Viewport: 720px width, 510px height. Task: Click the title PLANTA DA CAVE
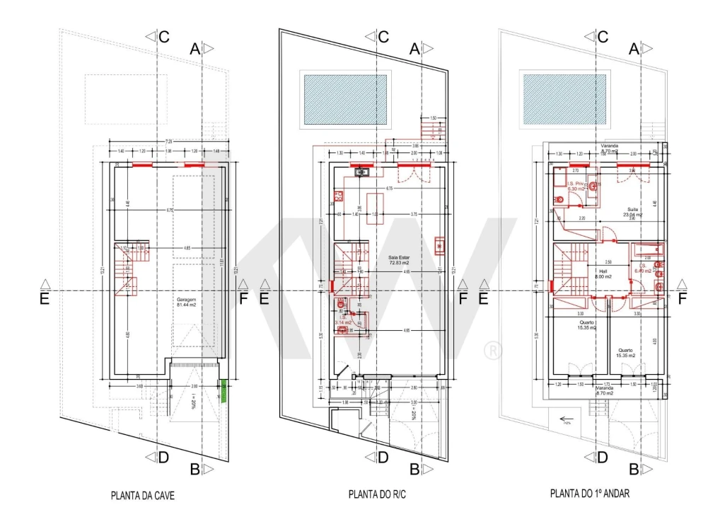[142, 495]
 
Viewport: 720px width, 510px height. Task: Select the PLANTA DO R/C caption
[378, 494]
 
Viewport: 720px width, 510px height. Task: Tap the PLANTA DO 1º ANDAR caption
[590, 492]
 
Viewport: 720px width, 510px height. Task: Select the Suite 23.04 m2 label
[632, 212]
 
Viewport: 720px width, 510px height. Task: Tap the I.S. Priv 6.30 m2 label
[576, 186]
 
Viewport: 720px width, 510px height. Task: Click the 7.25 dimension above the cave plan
[169, 142]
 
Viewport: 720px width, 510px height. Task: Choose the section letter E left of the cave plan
[44, 299]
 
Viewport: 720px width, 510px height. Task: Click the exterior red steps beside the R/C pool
[429, 129]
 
